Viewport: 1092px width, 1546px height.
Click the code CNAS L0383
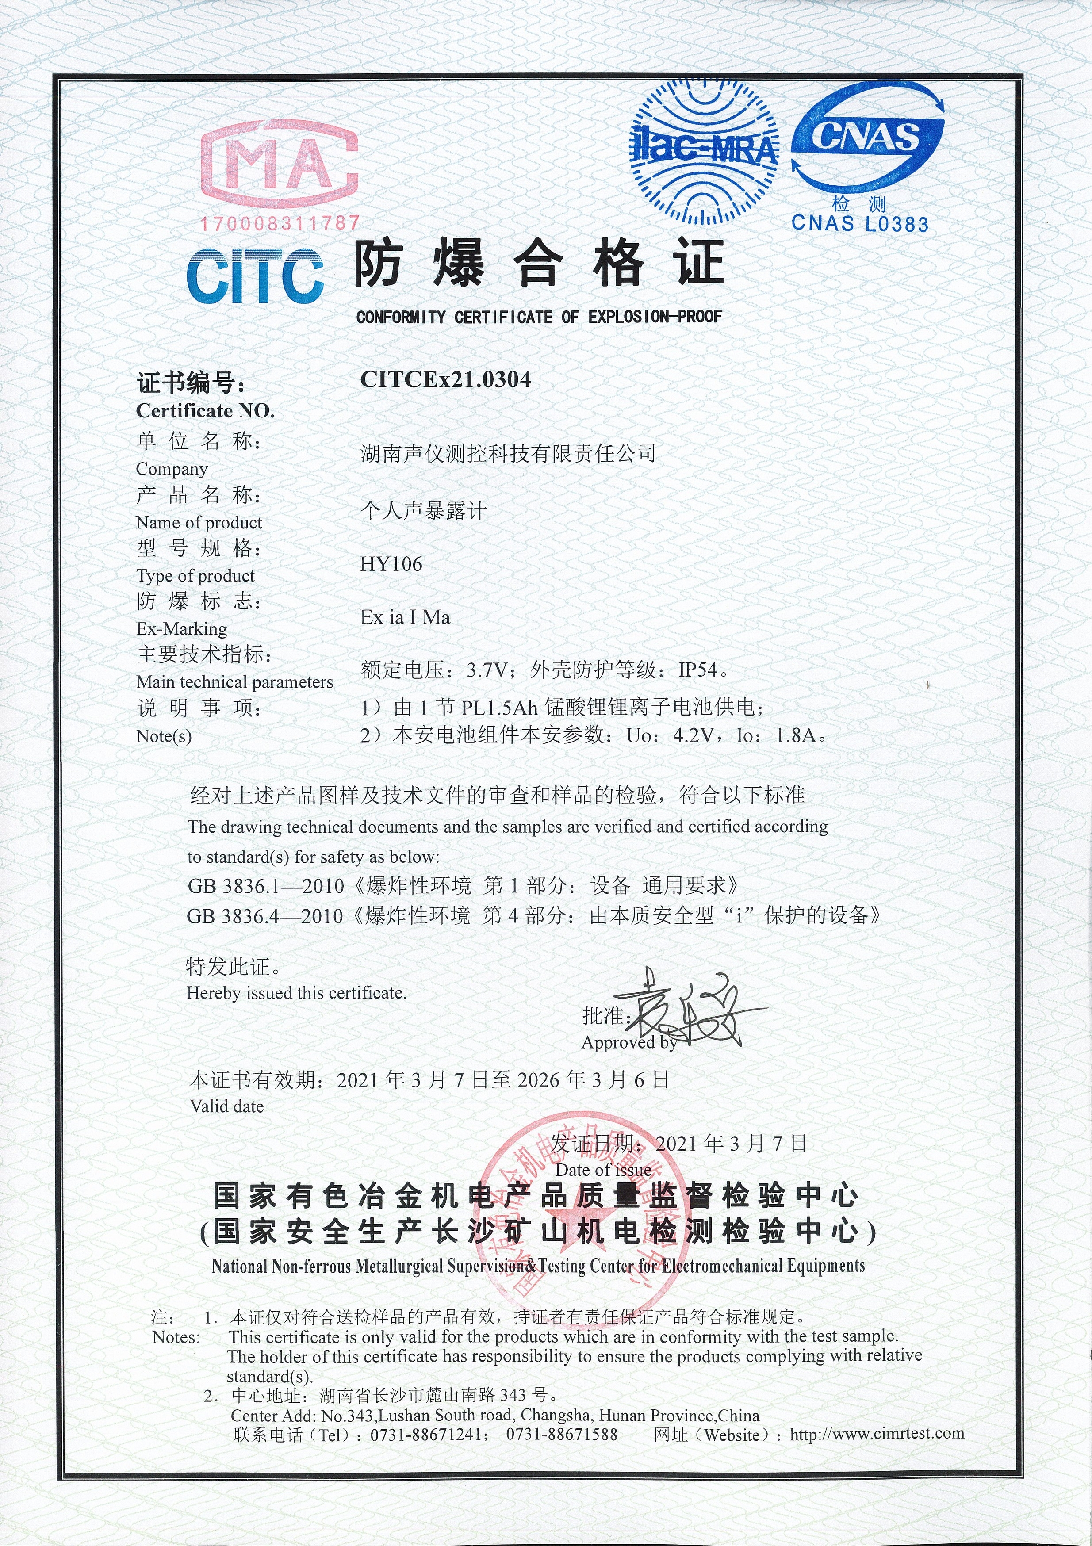[860, 224]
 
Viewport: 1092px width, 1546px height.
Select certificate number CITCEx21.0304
[446, 380]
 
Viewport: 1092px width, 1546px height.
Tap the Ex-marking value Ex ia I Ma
[405, 617]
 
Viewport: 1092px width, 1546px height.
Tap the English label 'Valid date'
[227, 1106]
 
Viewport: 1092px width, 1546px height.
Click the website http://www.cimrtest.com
[877, 1434]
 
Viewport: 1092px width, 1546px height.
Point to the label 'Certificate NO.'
[205, 411]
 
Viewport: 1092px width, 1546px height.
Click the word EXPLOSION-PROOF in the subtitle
[655, 317]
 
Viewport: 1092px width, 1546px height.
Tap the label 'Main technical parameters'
[234, 682]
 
